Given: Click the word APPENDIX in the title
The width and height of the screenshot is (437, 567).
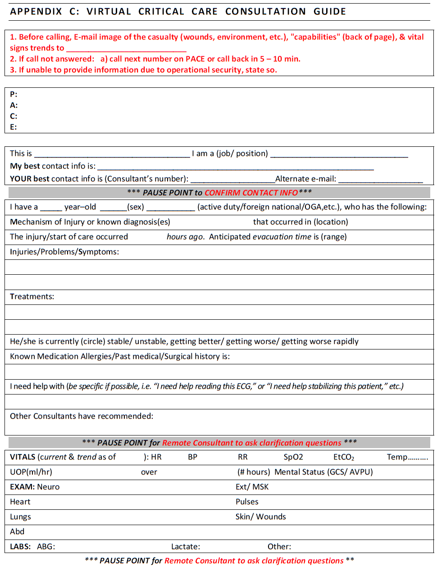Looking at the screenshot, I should click(x=36, y=12).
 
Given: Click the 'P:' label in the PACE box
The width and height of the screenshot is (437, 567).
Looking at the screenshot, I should click(x=14, y=95).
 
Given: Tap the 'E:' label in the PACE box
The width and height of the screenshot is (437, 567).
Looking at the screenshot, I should click(x=14, y=127).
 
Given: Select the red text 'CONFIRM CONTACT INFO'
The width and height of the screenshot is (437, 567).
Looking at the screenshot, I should click(x=251, y=193).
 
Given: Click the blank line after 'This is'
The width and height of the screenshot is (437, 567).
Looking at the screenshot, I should click(x=112, y=154).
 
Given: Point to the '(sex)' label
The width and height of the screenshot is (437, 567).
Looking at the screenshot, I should click(x=136, y=207).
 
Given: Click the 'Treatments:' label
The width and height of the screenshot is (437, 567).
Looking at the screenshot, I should click(x=32, y=297).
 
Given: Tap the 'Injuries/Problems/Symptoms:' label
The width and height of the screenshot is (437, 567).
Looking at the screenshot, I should click(x=64, y=252).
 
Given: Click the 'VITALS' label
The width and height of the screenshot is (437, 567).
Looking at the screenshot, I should click(x=23, y=457).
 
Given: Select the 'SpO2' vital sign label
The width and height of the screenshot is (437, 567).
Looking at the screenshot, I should click(x=293, y=457).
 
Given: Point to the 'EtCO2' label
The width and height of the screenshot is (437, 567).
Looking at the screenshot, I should click(x=344, y=457).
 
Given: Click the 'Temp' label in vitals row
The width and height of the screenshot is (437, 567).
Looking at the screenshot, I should click(x=397, y=457).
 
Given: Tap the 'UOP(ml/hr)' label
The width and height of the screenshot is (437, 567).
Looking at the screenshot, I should click(x=31, y=472).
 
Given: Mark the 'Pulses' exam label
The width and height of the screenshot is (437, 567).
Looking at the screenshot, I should click(x=247, y=502).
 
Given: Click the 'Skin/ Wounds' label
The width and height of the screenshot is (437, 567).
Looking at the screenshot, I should click(x=260, y=517).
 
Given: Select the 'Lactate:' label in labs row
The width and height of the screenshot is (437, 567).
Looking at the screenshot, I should click(x=186, y=547).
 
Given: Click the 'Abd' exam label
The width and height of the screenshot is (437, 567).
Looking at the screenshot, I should click(x=17, y=531).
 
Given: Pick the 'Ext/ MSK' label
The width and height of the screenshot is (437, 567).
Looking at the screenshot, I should click(x=252, y=487).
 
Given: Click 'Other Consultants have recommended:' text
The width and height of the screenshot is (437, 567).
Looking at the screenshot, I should click(x=82, y=416).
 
